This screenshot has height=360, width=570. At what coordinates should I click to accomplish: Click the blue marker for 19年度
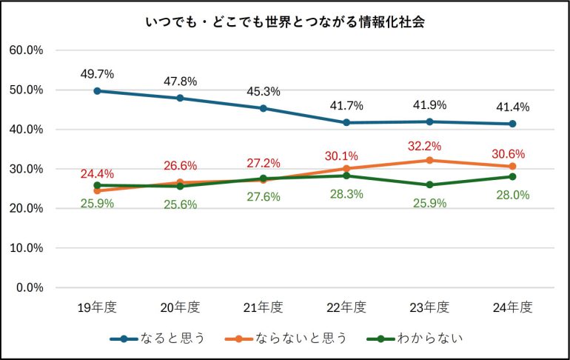(x=97, y=90)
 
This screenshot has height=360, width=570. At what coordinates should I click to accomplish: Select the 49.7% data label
(x=97, y=74)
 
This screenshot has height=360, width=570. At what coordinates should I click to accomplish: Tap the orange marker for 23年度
(x=429, y=160)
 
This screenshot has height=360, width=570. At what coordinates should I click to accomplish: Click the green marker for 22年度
(x=346, y=176)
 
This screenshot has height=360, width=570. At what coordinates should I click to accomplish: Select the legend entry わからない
(x=415, y=339)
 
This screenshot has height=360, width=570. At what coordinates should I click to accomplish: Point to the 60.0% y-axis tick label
(x=26, y=50)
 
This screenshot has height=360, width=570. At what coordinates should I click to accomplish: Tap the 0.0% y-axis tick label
(x=29, y=287)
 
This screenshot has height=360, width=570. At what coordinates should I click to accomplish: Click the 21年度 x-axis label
(x=263, y=307)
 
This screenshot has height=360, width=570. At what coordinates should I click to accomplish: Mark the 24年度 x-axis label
(x=512, y=307)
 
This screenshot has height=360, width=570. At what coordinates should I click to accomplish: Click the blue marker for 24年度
(x=512, y=124)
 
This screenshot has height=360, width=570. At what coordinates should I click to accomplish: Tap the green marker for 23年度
(x=429, y=184)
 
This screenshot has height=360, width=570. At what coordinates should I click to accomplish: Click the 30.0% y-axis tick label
(x=26, y=169)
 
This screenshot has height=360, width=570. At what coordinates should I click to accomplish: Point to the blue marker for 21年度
(x=263, y=108)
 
